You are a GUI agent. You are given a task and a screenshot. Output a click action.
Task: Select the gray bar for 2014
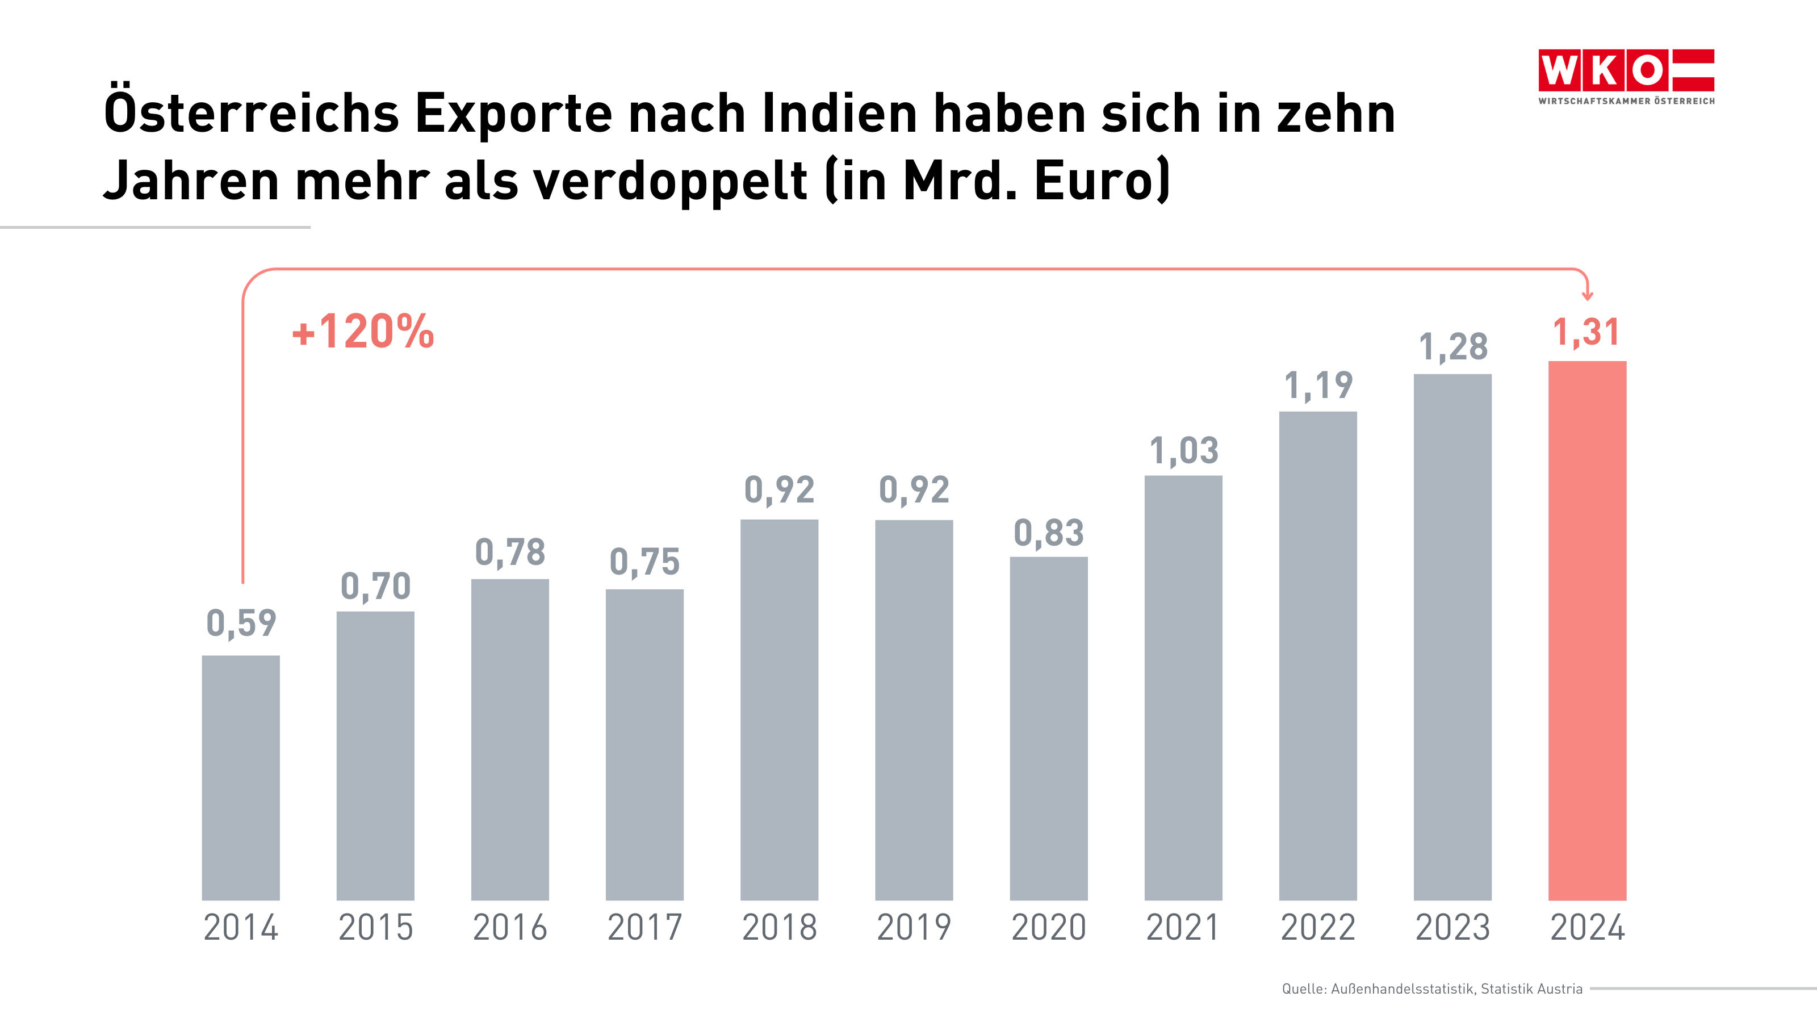tap(241, 777)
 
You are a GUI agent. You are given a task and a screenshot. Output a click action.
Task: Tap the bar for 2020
tap(1048, 728)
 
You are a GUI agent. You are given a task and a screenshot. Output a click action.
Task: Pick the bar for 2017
tap(644, 744)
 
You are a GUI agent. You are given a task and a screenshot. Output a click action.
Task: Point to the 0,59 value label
tap(241, 623)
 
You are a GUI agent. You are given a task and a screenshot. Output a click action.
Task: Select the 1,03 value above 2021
tap(1183, 451)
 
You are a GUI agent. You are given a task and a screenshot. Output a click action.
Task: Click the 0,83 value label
tap(1048, 533)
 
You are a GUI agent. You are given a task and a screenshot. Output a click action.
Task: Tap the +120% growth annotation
tap(363, 332)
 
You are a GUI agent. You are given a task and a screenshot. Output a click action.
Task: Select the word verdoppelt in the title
tap(669, 181)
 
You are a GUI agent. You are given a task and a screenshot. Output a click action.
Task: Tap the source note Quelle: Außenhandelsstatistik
tap(1432, 989)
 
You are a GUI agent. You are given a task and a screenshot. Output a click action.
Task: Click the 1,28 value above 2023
tap(1452, 347)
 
